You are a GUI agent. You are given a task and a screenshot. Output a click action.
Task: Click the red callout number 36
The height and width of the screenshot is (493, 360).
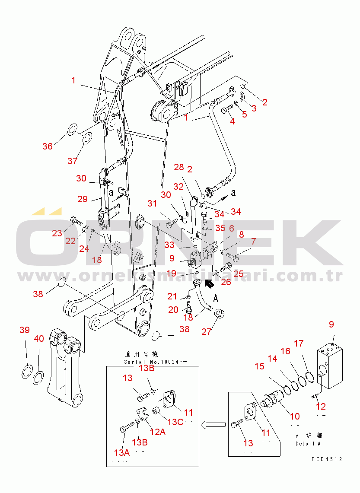(47, 146)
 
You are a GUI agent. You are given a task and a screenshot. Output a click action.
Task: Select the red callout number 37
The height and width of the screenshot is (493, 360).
(72, 161)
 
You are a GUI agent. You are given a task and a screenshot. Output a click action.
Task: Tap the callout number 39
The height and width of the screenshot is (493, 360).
(25, 331)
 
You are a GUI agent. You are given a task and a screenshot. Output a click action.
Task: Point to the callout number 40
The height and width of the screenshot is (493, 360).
(39, 339)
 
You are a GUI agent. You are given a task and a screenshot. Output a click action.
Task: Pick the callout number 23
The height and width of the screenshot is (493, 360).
(57, 233)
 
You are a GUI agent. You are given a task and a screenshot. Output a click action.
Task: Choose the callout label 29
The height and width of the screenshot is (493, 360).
(83, 199)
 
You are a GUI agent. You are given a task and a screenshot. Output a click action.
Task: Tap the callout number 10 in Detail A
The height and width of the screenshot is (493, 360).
(294, 417)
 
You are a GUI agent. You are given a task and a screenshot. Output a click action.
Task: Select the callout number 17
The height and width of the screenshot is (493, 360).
(299, 344)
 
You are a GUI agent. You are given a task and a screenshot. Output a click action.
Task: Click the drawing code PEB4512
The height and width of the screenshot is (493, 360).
(326, 459)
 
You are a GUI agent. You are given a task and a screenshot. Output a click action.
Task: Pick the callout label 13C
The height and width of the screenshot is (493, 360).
(175, 422)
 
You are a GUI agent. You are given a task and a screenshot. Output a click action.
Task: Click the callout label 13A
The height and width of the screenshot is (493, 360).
(122, 452)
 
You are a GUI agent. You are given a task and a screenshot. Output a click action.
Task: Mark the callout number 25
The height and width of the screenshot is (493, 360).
(238, 274)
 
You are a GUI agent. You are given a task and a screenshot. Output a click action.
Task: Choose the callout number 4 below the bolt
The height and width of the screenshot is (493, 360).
(232, 121)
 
